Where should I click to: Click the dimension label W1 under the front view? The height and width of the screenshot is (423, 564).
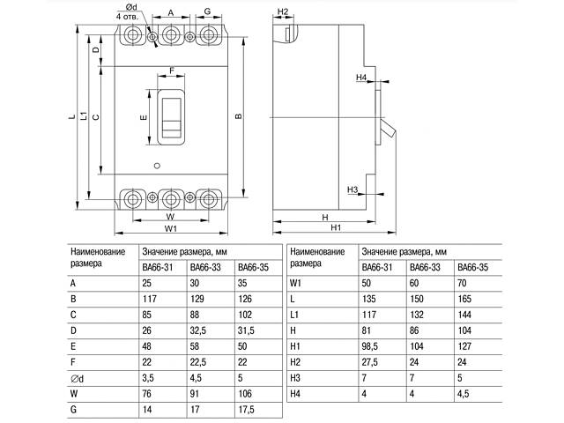[x=171, y=229]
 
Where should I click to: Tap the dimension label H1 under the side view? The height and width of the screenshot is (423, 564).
[x=336, y=229]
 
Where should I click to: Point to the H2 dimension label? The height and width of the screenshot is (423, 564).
[x=283, y=11]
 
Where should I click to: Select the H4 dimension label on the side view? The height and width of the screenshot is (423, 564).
[x=361, y=78]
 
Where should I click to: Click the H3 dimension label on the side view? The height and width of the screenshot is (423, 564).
[x=352, y=189]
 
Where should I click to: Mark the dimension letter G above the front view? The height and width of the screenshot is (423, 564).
[x=206, y=12]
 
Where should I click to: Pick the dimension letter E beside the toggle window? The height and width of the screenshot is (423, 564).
[x=143, y=117]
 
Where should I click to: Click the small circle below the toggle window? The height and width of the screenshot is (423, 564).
[x=157, y=167]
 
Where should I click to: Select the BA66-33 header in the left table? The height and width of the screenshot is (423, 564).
[x=205, y=267]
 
